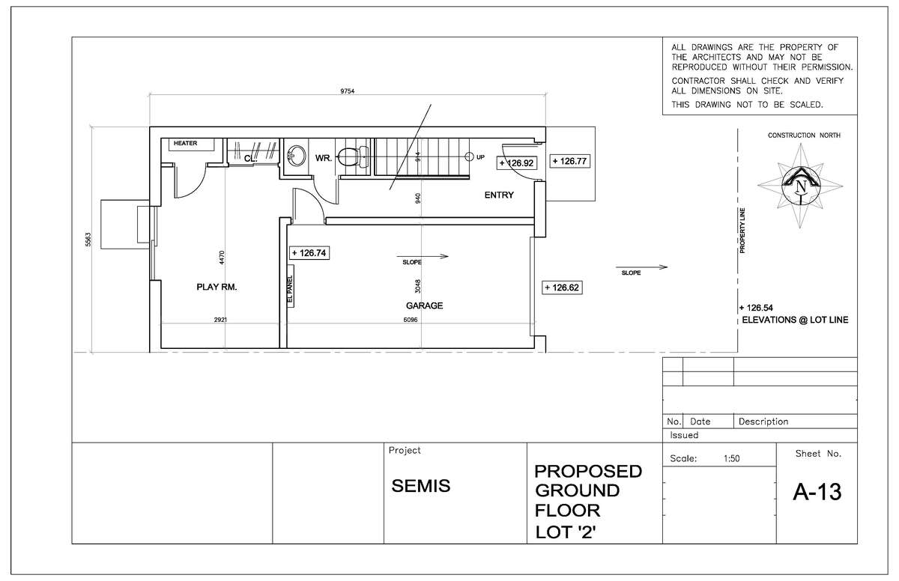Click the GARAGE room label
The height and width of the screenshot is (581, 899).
coord(424,305)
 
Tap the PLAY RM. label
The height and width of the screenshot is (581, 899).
coord(217,287)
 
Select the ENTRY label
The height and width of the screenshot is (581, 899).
coord(499,195)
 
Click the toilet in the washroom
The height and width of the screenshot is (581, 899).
coord(353,156)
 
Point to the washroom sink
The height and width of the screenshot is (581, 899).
coord(296,156)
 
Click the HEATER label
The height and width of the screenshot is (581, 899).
coord(186,143)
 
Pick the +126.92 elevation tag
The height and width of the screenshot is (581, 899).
coord(517,162)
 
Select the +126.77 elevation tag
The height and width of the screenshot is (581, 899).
coord(570,161)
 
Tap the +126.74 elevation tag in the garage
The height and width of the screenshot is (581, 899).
coord(309,253)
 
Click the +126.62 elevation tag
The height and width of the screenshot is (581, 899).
coord(562,288)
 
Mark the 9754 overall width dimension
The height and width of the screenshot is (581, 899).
coord(348,91)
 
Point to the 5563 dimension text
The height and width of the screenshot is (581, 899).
coord(88,240)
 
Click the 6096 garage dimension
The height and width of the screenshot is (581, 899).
coord(411,320)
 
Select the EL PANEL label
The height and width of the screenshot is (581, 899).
coord(290,289)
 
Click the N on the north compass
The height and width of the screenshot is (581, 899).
coord(801,187)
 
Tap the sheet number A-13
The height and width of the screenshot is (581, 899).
coord(817,492)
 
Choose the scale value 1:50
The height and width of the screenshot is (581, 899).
coord(732,458)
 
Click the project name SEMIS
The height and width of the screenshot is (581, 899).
coord(420,486)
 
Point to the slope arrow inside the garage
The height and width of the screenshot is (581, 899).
coord(423,256)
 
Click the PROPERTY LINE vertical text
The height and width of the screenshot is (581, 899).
coord(742,231)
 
